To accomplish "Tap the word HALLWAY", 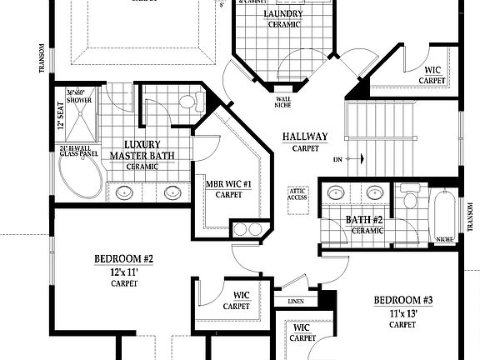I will pos(304,137).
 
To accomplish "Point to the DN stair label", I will pos(337,157).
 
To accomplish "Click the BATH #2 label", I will pos(364,220).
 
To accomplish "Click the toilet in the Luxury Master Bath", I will pos(187,102).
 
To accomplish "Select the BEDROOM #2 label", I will pos(123,258).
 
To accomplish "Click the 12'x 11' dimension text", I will pos(123,271).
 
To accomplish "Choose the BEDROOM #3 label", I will pos(403,300).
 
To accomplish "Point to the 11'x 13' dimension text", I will pos(403,313).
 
